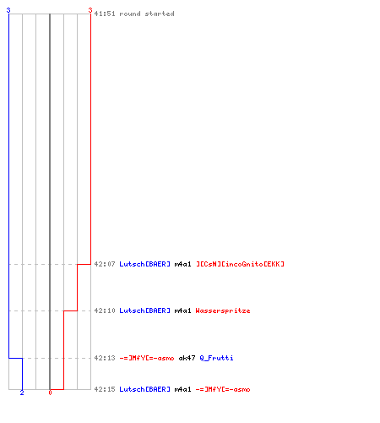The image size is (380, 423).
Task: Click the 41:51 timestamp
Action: pos(105,14)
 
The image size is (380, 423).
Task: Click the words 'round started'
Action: pos(147,14)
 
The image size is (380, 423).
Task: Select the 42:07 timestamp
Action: pos(105,264)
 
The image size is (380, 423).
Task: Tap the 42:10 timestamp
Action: pos(105,310)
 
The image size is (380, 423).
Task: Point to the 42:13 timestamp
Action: pos(105,358)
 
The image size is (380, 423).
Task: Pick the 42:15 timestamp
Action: pos(105,389)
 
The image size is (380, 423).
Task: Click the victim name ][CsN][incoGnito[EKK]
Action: pos(240,264)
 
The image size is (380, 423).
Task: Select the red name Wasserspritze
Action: pos(223,310)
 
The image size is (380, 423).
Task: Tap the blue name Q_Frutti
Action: pos(216,358)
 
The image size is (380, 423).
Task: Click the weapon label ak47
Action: pos(187,358)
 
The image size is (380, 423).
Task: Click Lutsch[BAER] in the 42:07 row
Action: pos(145,264)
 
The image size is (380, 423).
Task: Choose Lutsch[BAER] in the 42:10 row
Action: pos(145,310)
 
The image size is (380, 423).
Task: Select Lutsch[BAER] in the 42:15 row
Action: pos(145,389)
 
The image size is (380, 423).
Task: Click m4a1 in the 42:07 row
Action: pos(182,264)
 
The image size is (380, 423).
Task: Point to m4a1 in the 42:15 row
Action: pos(182,389)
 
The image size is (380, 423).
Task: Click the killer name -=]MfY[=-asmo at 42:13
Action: pos(147,358)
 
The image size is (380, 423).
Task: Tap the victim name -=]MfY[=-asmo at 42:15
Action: pos(223,389)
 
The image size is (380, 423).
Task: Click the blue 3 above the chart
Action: pos(8,10)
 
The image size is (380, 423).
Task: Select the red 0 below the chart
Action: pos(50,393)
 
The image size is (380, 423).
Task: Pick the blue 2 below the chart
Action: pos(22,393)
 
